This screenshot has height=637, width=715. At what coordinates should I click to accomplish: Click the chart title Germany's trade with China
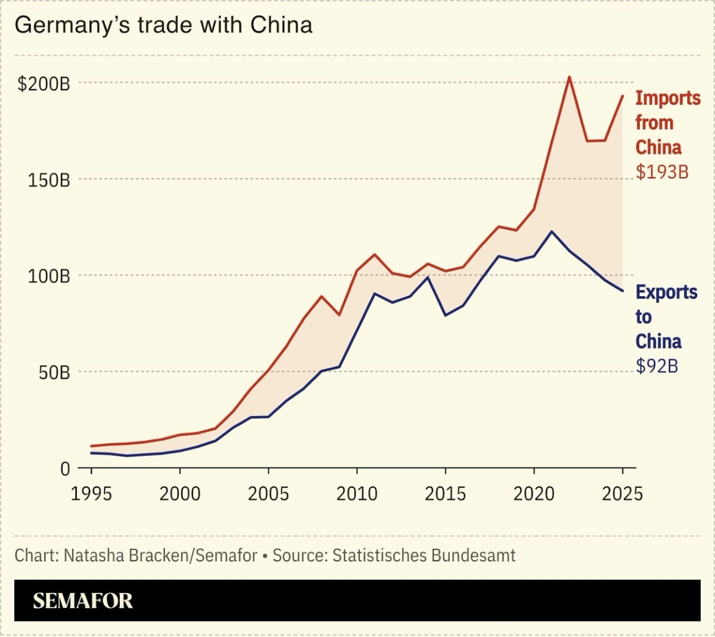[x=163, y=25]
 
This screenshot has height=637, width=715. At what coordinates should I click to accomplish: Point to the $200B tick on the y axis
[x=43, y=84]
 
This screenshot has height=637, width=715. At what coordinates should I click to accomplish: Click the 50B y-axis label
[x=51, y=373]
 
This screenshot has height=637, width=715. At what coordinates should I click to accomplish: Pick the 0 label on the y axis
[x=65, y=469]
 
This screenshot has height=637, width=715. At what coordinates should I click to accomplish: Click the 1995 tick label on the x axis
[x=91, y=495]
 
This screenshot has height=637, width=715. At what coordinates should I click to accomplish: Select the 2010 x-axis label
[x=356, y=495]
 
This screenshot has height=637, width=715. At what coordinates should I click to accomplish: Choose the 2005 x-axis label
[x=268, y=495]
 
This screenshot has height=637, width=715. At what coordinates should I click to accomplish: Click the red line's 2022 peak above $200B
[x=569, y=77]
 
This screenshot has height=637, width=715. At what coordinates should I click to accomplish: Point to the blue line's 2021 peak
[x=551, y=232]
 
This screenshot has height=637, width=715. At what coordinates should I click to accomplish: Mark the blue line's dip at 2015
[x=445, y=315]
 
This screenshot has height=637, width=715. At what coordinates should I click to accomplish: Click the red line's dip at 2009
[x=339, y=315]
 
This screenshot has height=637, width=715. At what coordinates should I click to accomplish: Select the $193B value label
[x=662, y=172]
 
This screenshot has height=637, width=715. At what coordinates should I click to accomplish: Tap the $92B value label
[x=657, y=366]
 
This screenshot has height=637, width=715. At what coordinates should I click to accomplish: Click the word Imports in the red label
[x=668, y=98]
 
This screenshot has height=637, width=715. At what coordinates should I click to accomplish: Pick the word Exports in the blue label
[x=667, y=292]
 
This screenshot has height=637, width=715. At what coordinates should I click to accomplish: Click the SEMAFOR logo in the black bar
[x=83, y=600]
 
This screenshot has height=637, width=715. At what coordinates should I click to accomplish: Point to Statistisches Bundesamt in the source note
[x=424, y=555]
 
